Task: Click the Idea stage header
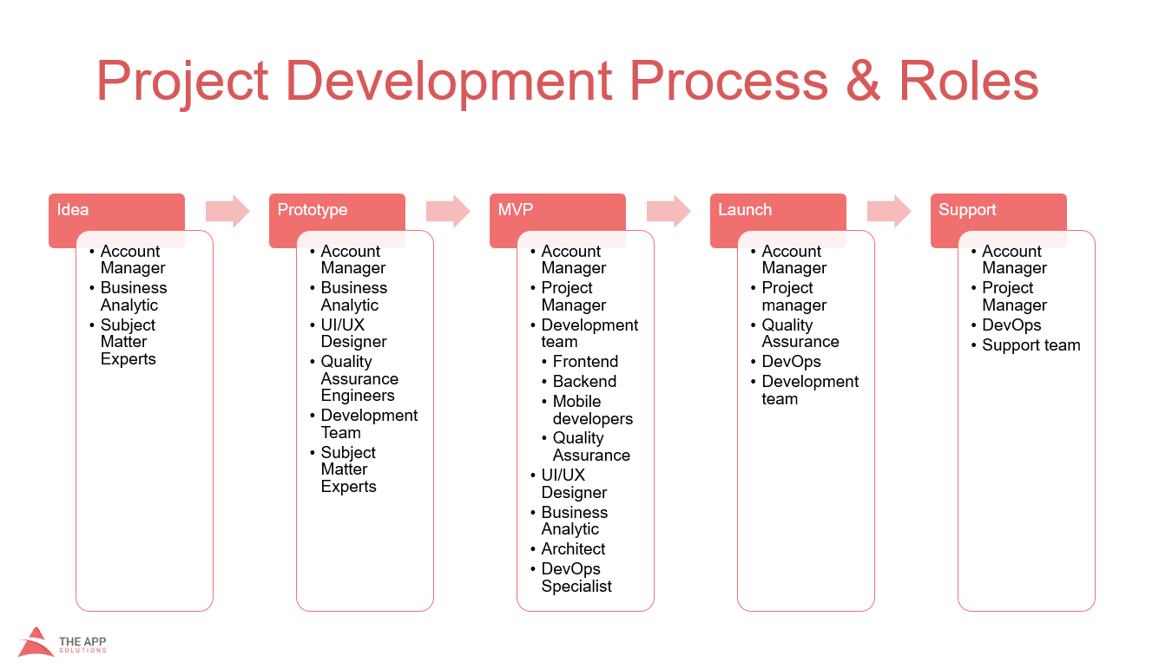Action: point(72,210)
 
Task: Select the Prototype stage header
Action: point(313,210)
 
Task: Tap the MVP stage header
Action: point(516,210)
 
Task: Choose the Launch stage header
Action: point(745,210)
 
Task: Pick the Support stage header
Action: point(967,210)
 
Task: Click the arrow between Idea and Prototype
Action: point(227,211)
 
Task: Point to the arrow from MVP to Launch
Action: point(668,211)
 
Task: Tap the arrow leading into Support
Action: point(889,211)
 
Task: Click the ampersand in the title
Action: point(863,82)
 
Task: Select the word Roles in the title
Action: point(969,82)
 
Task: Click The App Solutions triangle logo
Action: point(36,642)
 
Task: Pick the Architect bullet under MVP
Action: point(573,549)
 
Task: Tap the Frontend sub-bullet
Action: point(585,361)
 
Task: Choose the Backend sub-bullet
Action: point(584,382)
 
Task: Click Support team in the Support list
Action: point(1031,345)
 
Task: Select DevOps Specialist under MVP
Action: point(576,578)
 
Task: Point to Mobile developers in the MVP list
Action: point(592,410)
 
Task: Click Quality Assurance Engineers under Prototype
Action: point(359,378)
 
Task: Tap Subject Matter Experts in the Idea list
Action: point(128,342)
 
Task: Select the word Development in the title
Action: point(449,82)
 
